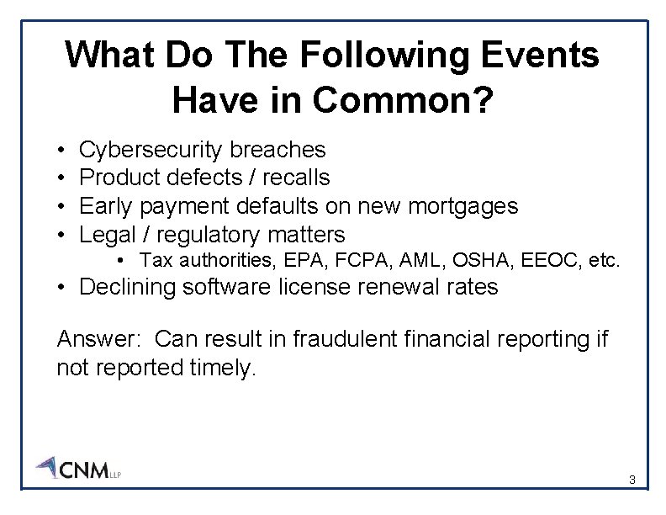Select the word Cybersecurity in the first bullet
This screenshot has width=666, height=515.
151,150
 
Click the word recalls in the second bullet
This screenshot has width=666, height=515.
296,178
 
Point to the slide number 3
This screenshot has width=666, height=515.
632,480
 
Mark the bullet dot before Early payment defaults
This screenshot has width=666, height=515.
63,206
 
